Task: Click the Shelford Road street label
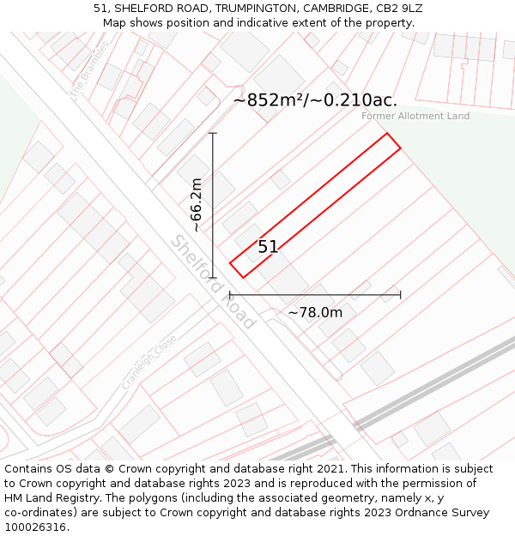click(213, 282)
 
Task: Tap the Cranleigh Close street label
click(148, 362)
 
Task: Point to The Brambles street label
click(90, 69)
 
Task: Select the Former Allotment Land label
click(415, 116)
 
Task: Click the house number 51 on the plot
click(268, 247)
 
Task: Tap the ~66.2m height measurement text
click(197, 205)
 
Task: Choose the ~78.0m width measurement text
click(315, 313)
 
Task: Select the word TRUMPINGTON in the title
click(254, 9)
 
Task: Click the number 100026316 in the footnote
click(34, 527)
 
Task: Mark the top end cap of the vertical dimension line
click(213, 134)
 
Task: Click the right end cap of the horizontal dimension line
click(400, 295)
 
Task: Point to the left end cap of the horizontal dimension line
click(230, 295)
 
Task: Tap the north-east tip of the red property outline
click(387, 134)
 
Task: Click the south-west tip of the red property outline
click(243, 277)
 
